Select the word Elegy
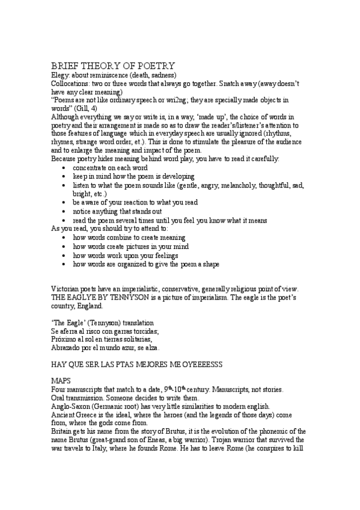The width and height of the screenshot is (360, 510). (61, 75)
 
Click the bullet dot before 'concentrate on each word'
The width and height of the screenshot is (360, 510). (64, 167)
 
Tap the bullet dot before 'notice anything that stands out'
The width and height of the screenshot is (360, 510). (64, 211)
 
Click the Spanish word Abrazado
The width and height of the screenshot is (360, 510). (67, 348)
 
